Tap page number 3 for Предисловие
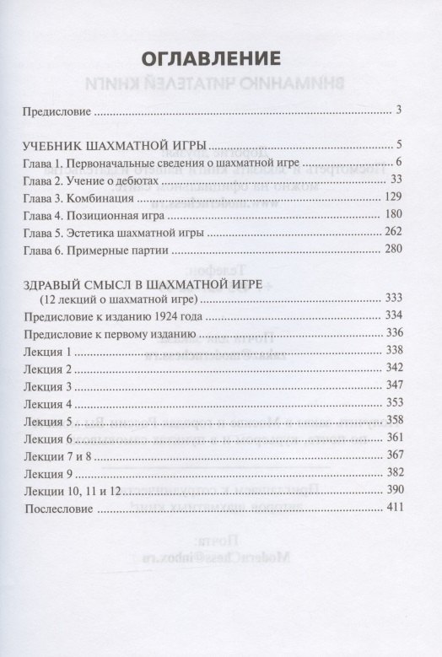point(398,110)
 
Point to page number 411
point(392,507)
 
